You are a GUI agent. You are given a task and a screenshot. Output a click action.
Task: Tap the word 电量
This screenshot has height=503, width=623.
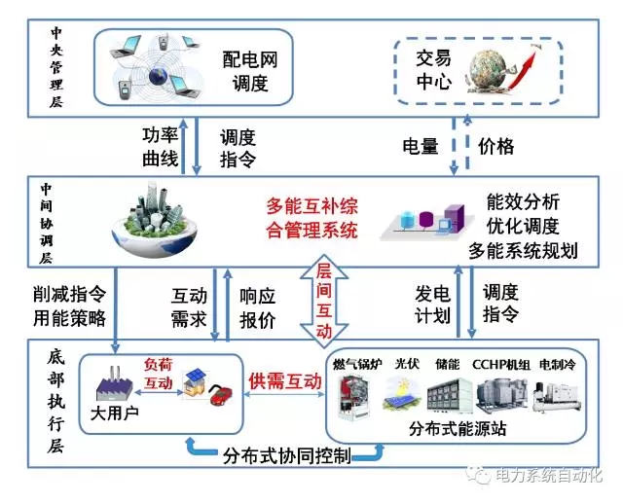coord(421,147)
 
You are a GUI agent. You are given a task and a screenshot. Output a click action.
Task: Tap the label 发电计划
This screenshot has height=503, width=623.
coord(432,304)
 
